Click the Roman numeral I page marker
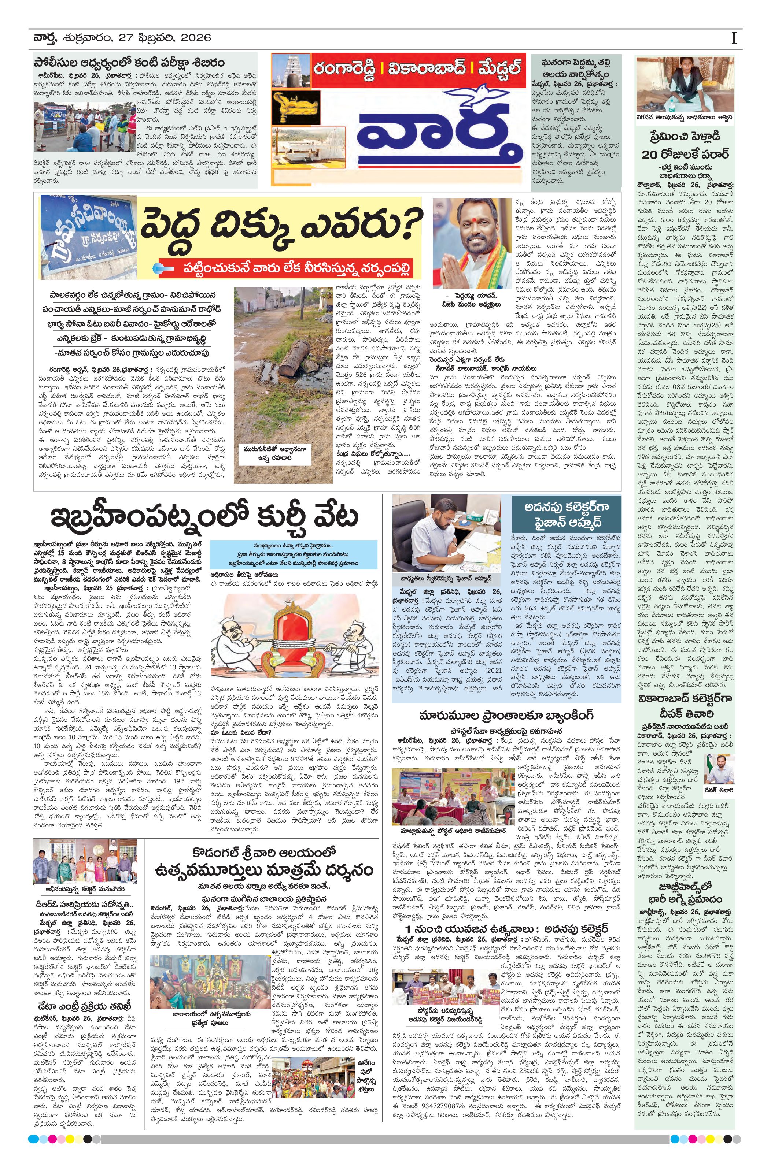[x=734, y=38]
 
